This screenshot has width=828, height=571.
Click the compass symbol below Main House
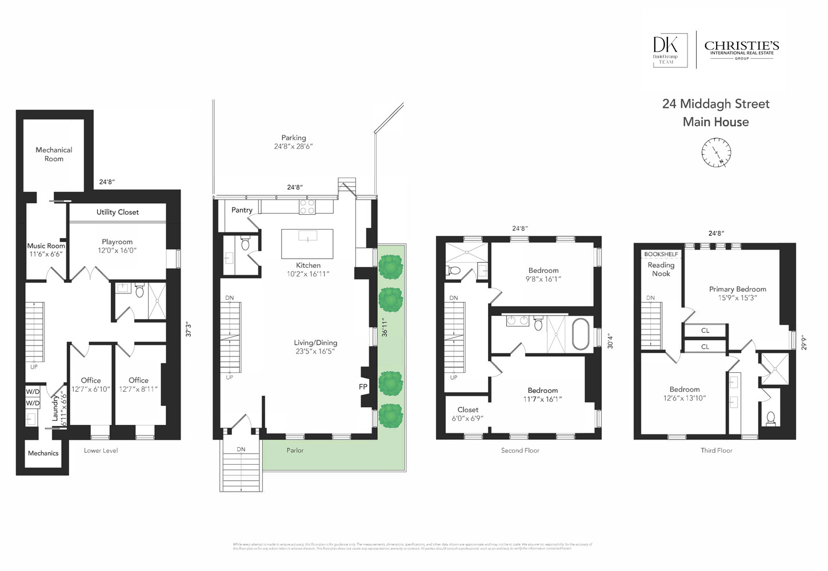716,153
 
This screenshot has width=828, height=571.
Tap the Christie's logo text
741,46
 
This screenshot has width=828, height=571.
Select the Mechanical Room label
54,154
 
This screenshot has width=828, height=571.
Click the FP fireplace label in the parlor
363,387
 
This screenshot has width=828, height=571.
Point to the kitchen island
307,243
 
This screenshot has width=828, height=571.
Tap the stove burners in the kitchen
307,206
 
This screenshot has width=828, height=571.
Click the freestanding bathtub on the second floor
581,333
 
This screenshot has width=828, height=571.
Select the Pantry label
242,210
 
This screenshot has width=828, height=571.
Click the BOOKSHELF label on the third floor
661,254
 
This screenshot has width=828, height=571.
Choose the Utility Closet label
117,212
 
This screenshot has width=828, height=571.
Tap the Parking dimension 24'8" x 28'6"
293,146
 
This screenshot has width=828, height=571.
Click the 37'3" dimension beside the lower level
187,329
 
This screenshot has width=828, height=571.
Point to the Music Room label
46,246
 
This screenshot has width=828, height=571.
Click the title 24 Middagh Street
715,104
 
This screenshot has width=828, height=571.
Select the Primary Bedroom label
737,289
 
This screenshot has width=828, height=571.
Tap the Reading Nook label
661,269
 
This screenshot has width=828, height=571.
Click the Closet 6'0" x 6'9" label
467,413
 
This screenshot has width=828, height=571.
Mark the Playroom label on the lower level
117,242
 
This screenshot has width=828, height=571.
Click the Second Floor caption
520,451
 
